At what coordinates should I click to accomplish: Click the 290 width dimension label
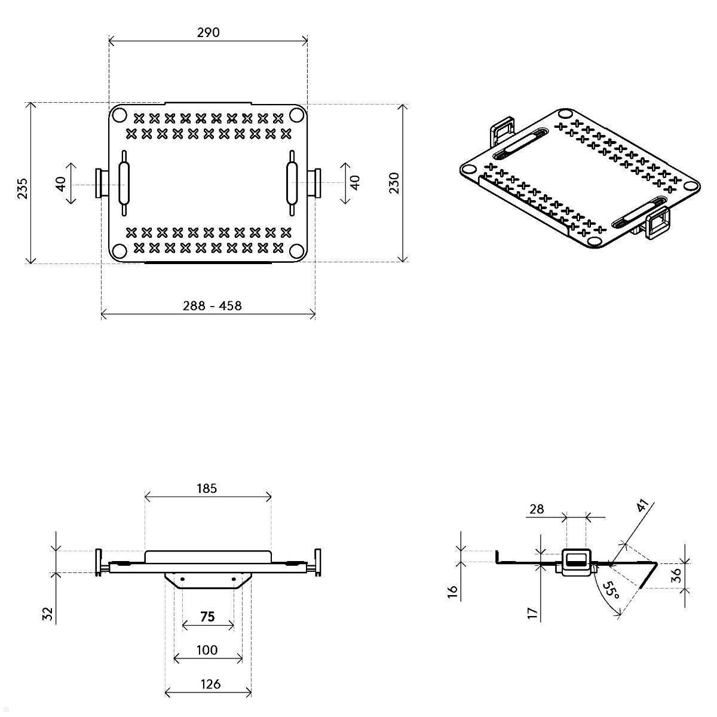tap(208, 32)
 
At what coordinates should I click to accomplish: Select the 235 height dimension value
tap(22, 188)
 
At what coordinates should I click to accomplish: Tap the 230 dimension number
tap(394, 183)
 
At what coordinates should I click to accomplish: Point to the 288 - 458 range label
tap(212, 306)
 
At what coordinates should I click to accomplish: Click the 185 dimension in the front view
tap(207, 488)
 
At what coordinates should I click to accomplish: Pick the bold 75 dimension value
tap(207, 617)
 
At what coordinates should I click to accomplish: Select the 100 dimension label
tap(207, 650)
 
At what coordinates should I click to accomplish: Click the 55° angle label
tap(609, 592)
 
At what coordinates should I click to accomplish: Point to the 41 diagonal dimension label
tap(642, 506)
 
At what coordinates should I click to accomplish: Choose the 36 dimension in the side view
tap(676, 575)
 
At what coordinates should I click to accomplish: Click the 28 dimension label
tap(537, 508)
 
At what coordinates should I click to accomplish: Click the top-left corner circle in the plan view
tap(118, 115)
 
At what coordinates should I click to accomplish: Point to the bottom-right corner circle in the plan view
tap(297, 251)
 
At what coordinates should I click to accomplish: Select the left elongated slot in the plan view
tap(124, 183)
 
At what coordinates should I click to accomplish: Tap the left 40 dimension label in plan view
tap(61, 183)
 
